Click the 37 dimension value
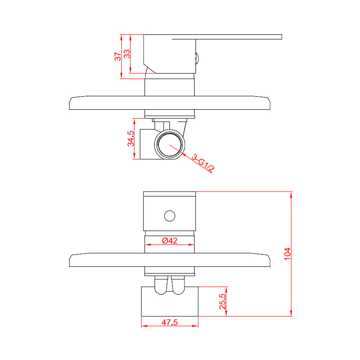coord(118,57)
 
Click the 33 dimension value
coord(127,54)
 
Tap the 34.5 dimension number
coord(131,139)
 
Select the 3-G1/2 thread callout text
coord(203,163)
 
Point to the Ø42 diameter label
coord(170,240)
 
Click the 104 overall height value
coord(287,254)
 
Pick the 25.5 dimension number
coord(222,301)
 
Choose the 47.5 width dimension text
coord(170,322)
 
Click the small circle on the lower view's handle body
coord(170,216)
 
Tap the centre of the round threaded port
coord(170,144)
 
